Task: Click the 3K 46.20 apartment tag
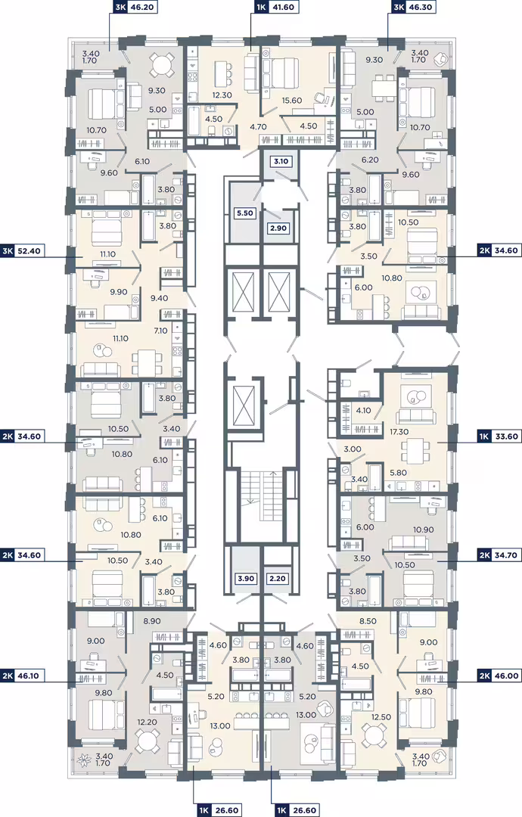coord(134,7)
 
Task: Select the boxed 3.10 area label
coord(281,161)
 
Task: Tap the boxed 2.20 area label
coord(277,579)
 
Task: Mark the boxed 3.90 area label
coord(246,579)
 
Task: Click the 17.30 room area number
coord(399,432)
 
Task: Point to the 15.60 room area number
coord(292,101)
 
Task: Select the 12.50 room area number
coord(381,717)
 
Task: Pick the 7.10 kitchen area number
coord(161,331)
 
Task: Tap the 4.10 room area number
coord(363,410)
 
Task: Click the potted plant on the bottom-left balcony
coord(84,760)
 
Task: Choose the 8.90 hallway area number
coord(152,621)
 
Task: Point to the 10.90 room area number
coord(423,530)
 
